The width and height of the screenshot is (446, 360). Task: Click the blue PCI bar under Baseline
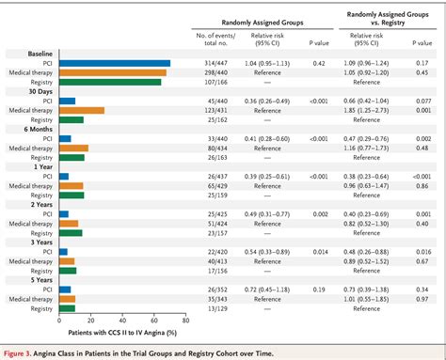[113, 64]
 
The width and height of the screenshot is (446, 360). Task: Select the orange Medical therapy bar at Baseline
[111, 72]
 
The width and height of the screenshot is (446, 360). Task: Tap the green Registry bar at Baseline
[108, 82]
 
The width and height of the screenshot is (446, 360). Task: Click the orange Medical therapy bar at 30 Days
[80, 110]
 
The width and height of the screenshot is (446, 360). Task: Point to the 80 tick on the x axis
[186, 320]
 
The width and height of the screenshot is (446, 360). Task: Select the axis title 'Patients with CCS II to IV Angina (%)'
[119, 332]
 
